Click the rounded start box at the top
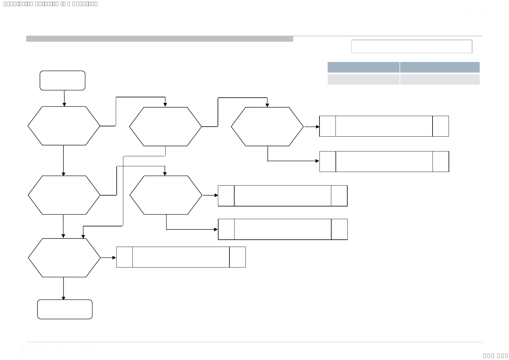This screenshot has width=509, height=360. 63,80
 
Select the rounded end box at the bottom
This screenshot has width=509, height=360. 65,309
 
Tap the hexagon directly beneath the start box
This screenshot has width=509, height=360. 64,126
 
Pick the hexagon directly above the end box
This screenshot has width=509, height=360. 64,258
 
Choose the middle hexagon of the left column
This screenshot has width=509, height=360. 64,195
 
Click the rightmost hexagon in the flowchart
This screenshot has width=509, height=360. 267,127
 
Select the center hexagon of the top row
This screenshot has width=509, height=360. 165,127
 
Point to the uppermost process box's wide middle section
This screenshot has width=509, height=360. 384,126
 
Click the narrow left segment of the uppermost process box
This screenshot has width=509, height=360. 328,126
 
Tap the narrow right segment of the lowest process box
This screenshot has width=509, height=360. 238,257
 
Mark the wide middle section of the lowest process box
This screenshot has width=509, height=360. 181,257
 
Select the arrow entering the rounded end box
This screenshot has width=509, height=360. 63,289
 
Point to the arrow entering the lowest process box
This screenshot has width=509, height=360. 109,258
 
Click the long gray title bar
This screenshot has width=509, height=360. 160,39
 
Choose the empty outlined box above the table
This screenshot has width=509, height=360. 412,47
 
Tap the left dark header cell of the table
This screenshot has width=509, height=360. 363,67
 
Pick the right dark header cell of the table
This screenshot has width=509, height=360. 440,67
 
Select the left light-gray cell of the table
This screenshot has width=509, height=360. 363,79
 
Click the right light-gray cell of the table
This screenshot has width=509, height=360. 440,79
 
